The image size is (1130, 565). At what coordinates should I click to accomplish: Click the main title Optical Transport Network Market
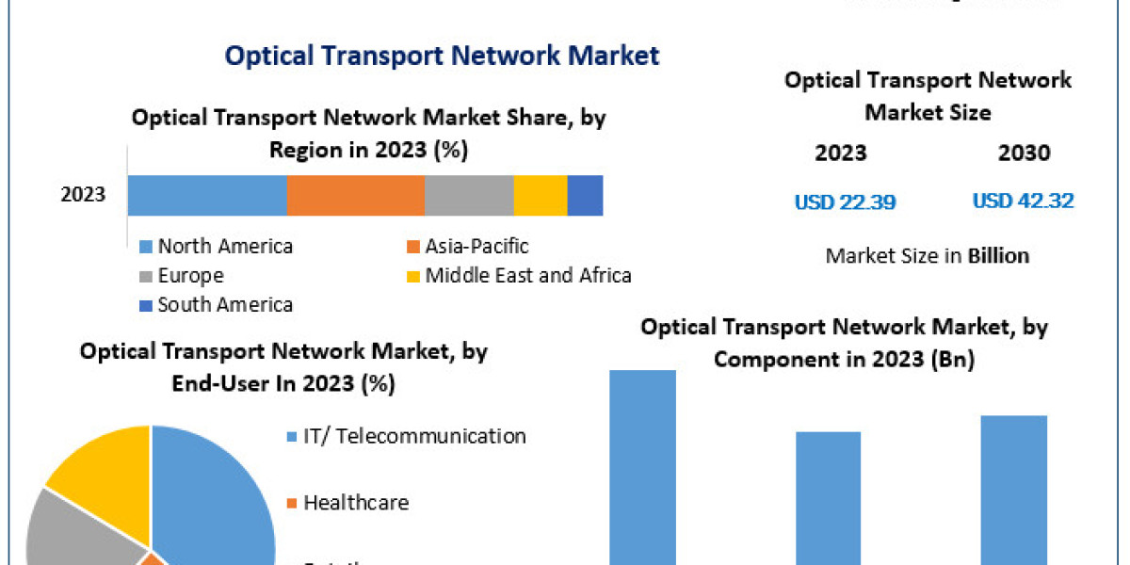442,56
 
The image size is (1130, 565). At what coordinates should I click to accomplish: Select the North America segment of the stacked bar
207,196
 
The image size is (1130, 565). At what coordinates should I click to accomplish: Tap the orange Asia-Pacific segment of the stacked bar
355,196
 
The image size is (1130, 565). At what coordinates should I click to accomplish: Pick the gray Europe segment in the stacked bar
468,196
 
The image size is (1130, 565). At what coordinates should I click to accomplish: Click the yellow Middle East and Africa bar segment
540,196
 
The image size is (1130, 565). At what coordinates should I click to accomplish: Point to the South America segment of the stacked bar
585,196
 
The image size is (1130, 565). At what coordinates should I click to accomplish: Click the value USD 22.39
845,202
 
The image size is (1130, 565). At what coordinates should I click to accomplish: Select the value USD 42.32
1023,202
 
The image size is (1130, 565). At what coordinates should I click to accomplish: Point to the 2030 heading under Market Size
1023,153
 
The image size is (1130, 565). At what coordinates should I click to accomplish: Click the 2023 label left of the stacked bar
84,196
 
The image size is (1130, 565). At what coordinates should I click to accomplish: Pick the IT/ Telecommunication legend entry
413,436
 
